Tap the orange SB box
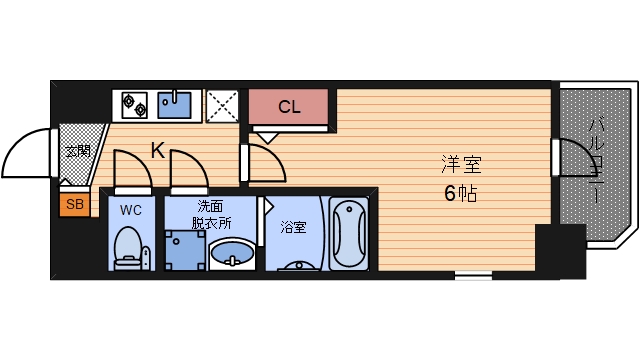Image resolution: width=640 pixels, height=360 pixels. click(74, 205)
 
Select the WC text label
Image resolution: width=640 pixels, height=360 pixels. click(130, 211)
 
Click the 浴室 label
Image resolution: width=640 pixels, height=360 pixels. click(293, 227)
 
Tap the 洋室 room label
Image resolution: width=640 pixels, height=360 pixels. click(460, 162)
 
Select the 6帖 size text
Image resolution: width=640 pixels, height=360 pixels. click(460, 194)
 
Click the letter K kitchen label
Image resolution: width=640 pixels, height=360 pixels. click(158, 151)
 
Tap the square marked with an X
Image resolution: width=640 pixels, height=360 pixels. click(221, 105)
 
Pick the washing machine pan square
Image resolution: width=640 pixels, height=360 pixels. click(184, 250)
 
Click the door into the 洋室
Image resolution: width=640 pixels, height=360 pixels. click(262, 160)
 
